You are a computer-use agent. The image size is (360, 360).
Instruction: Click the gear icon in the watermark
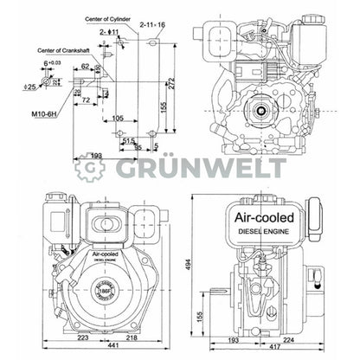click(x=89, y=168)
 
